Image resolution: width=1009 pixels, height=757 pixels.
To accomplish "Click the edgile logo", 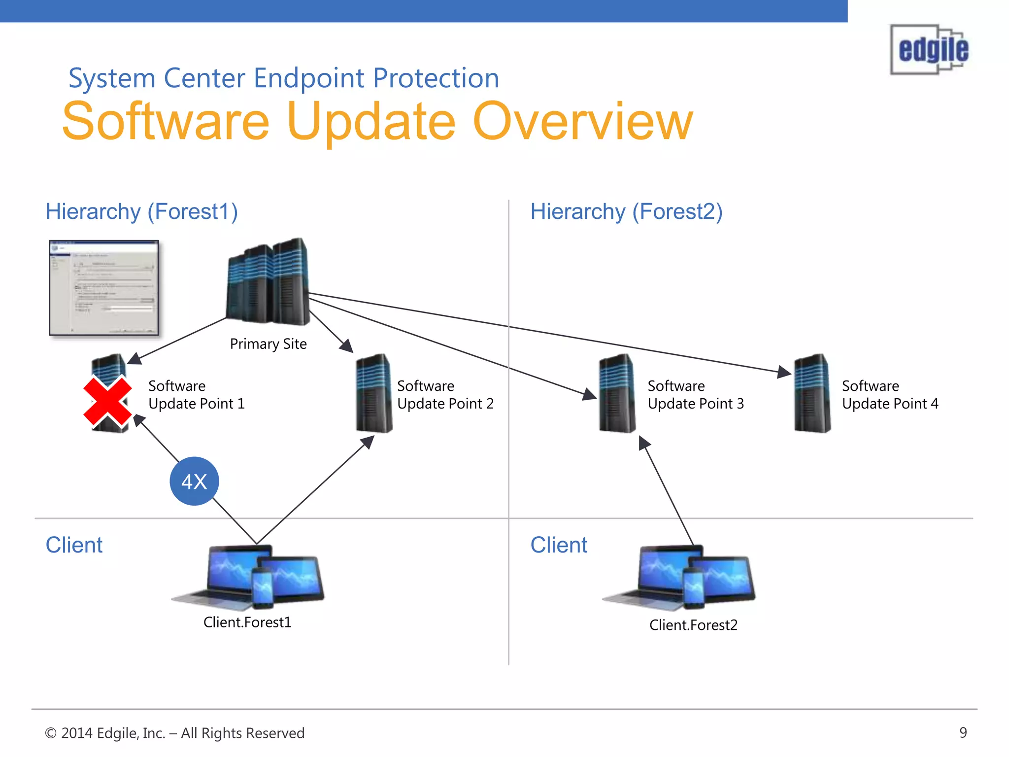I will click(930, 49).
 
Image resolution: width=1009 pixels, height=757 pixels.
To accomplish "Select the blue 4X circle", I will click(194, 482).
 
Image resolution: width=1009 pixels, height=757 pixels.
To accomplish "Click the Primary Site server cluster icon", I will click(268, 282).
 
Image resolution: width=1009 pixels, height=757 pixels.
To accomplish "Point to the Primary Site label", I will click(268, 344).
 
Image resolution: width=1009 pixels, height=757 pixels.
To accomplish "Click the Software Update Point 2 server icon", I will click(374, 393).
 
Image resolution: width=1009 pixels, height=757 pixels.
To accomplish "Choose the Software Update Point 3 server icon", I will click(617, 393).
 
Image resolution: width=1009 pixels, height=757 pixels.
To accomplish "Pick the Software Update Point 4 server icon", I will click(812, 393).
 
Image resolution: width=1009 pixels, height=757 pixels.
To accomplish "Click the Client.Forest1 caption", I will click(247, 622).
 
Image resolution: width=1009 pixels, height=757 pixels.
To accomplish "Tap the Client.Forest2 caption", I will click(693, 625).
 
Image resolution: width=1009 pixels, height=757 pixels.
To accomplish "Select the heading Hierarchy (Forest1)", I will click(142, 211).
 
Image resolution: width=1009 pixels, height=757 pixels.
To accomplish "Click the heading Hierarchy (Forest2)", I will click(626, 211).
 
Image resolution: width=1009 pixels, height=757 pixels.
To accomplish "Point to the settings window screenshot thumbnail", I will click(104, 288).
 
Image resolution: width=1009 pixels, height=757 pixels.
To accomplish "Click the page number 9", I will click(963, 733).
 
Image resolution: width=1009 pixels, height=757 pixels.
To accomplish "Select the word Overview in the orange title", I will click(582, 122).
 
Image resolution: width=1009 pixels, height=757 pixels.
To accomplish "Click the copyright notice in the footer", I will click(175, 733).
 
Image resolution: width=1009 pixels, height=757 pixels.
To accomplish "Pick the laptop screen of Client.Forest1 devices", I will click(232, 569).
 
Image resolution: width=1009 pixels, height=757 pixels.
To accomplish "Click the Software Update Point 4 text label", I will click(890, 395).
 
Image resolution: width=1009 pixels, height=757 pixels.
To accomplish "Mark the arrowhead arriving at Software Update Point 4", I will click(784, 372).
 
